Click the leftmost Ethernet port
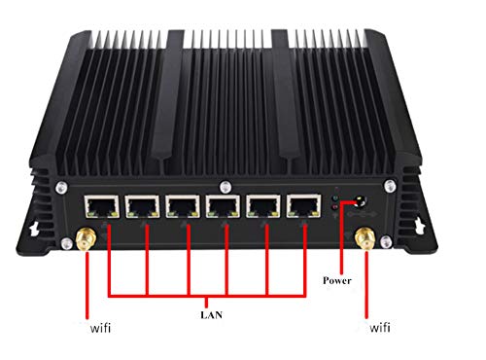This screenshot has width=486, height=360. tap(102, 206)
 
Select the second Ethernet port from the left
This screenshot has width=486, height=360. tap(143, 206)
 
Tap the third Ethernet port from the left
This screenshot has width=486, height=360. tap(183, 206)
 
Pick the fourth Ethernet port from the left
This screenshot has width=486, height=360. tap(224, 206)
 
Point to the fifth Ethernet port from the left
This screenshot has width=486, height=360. tap(263, 206)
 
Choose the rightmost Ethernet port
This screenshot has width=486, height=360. tap(303, 206)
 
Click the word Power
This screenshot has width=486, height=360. tap(337, 280)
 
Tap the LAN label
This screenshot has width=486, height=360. tap(211, 314)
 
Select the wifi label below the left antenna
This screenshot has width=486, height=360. tap(100, 328)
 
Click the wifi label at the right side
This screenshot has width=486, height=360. tap(380, 328)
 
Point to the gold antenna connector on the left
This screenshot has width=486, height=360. tap(86, 239)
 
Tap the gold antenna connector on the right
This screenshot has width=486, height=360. tap(365, 239)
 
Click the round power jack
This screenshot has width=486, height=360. tap(360, 201)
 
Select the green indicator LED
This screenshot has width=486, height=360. tap(335, 198)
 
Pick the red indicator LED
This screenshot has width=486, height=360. tap(335, 206)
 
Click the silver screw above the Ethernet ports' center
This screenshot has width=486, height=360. tap(226, 187)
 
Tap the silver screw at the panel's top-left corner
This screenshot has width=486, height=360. tap(61, 188)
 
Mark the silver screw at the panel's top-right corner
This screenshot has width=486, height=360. tap(390, 186)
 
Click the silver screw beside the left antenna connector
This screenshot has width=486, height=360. tap(67, 243)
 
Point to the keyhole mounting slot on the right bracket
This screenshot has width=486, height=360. tap(420, 225)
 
